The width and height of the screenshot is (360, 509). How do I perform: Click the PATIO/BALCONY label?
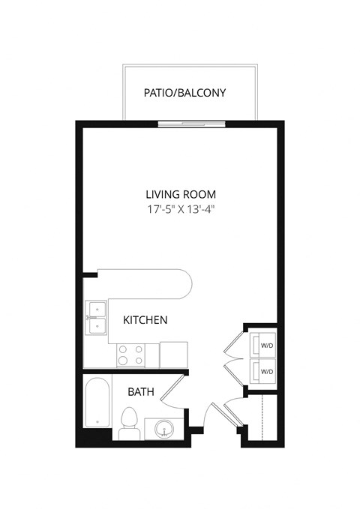184,94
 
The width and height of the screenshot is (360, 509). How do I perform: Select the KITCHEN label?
145,320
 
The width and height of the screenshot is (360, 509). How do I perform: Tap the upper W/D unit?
265,346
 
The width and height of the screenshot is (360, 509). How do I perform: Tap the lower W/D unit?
265,371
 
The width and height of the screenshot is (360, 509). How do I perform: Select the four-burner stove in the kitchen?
130,354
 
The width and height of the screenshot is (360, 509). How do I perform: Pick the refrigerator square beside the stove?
173,354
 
